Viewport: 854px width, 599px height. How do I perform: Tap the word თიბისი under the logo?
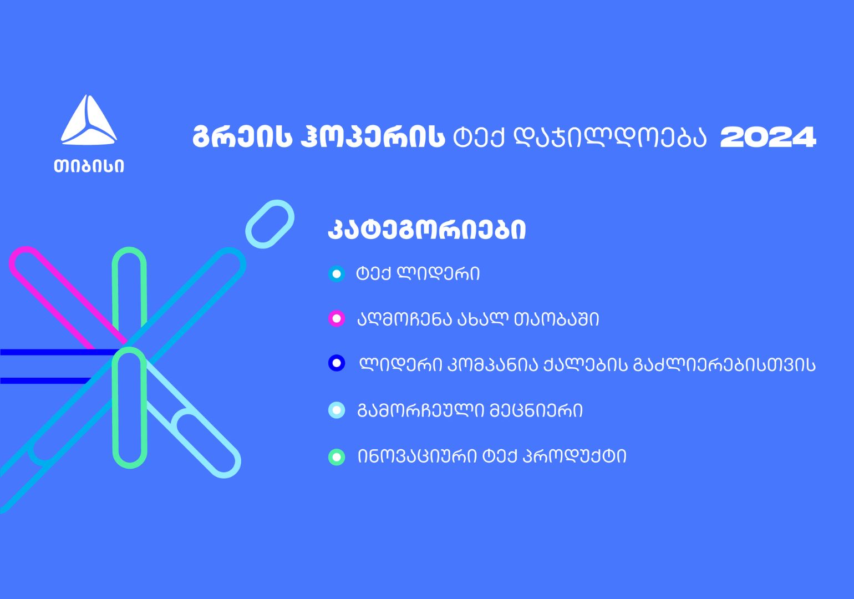coord(89,166)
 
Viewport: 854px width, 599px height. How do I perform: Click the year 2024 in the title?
coord(768,137)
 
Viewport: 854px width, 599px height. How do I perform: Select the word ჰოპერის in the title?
coord(373,136)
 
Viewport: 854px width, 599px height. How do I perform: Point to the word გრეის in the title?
coord(242,136)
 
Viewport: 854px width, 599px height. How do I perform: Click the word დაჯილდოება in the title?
coord(610,137)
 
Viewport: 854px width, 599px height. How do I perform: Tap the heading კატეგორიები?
coord(427,230)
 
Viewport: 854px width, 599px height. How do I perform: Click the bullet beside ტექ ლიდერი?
coord(337,274)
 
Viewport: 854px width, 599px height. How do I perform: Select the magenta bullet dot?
coord(337,318)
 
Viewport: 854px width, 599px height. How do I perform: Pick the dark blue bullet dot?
coord(337,363)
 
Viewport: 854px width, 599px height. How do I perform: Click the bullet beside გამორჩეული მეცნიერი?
coord(337,410)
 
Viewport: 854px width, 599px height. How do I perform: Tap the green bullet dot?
coord(337,457)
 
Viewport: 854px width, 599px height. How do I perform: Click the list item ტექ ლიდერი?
coord(418,274)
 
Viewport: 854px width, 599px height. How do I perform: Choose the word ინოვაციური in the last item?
coord(417,456)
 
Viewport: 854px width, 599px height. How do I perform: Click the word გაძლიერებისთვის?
coord(724,365)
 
